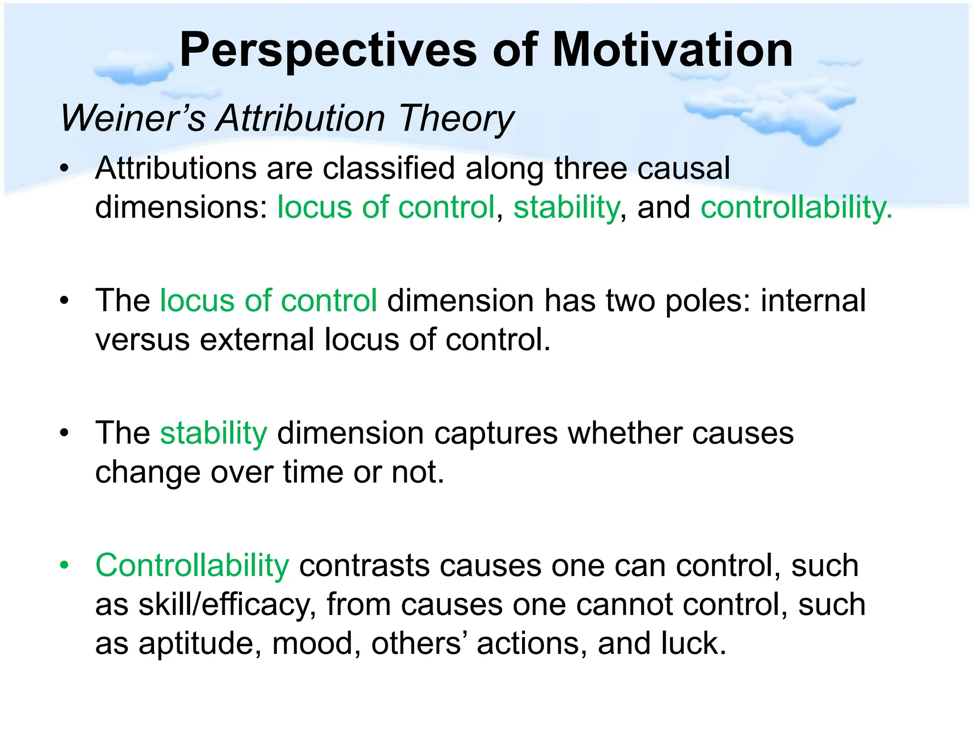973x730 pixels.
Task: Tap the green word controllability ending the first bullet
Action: coord(796,208)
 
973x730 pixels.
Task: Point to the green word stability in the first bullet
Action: coord(566,208)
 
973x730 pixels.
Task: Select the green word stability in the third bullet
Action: coord(214,434)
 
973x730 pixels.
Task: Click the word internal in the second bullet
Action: coord(813,301)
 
